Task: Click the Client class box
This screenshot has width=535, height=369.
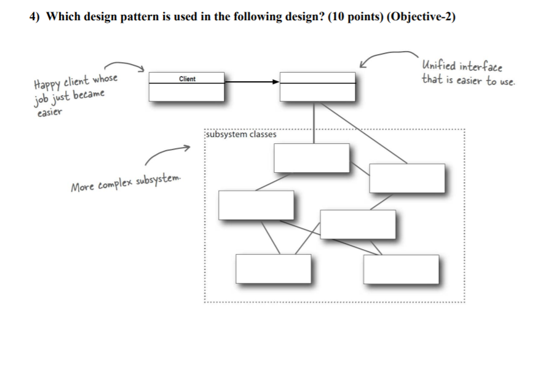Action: tap(186, 86)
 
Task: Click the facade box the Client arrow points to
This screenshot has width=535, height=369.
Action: tap(317, 86)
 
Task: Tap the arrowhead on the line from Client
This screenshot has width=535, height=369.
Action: tap(275, 81)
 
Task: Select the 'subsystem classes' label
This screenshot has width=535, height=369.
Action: tap(242, 133)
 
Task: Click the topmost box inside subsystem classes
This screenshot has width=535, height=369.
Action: tap(312, 157)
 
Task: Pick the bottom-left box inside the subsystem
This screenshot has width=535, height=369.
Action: tap(274, 268)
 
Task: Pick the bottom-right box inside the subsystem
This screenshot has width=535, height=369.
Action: tap(401, 269)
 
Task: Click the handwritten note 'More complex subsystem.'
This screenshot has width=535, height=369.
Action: tap(126, 183)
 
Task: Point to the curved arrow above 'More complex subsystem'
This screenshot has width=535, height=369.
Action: tap(166, 154)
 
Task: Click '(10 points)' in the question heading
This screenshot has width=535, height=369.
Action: tap(347, 17)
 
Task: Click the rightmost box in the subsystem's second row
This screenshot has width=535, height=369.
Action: tap(406, 178)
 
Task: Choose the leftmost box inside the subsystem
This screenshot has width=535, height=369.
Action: tap(256, 205)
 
